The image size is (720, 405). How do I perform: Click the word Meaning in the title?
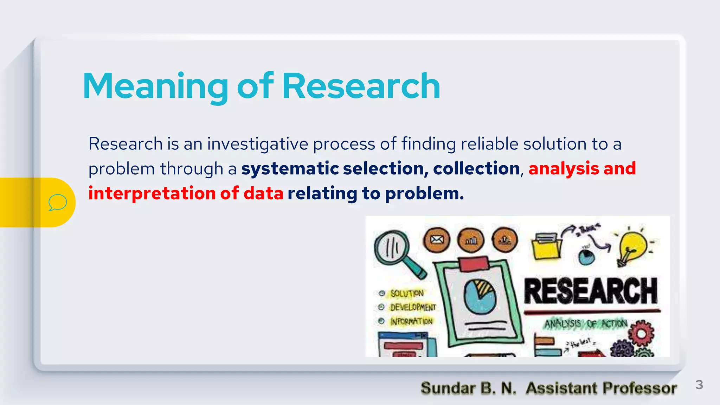tap(155, 86)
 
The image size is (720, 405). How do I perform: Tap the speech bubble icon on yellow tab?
tap(58, 202)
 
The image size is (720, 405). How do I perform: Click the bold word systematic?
tap(290, 168)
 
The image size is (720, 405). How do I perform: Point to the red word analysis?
tap(564, 168)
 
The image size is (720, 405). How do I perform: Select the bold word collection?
tap(476, 168)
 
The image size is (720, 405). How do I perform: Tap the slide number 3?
tap(699, 385)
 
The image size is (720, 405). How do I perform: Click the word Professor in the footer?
tap(639, 388)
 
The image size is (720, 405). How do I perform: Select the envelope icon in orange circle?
tap(436, 240)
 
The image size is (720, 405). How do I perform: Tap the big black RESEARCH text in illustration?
tap(591, 291)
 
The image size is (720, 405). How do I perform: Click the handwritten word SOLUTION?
tap(407, 293)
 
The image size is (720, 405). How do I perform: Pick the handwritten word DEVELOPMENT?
tap(413, 307)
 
